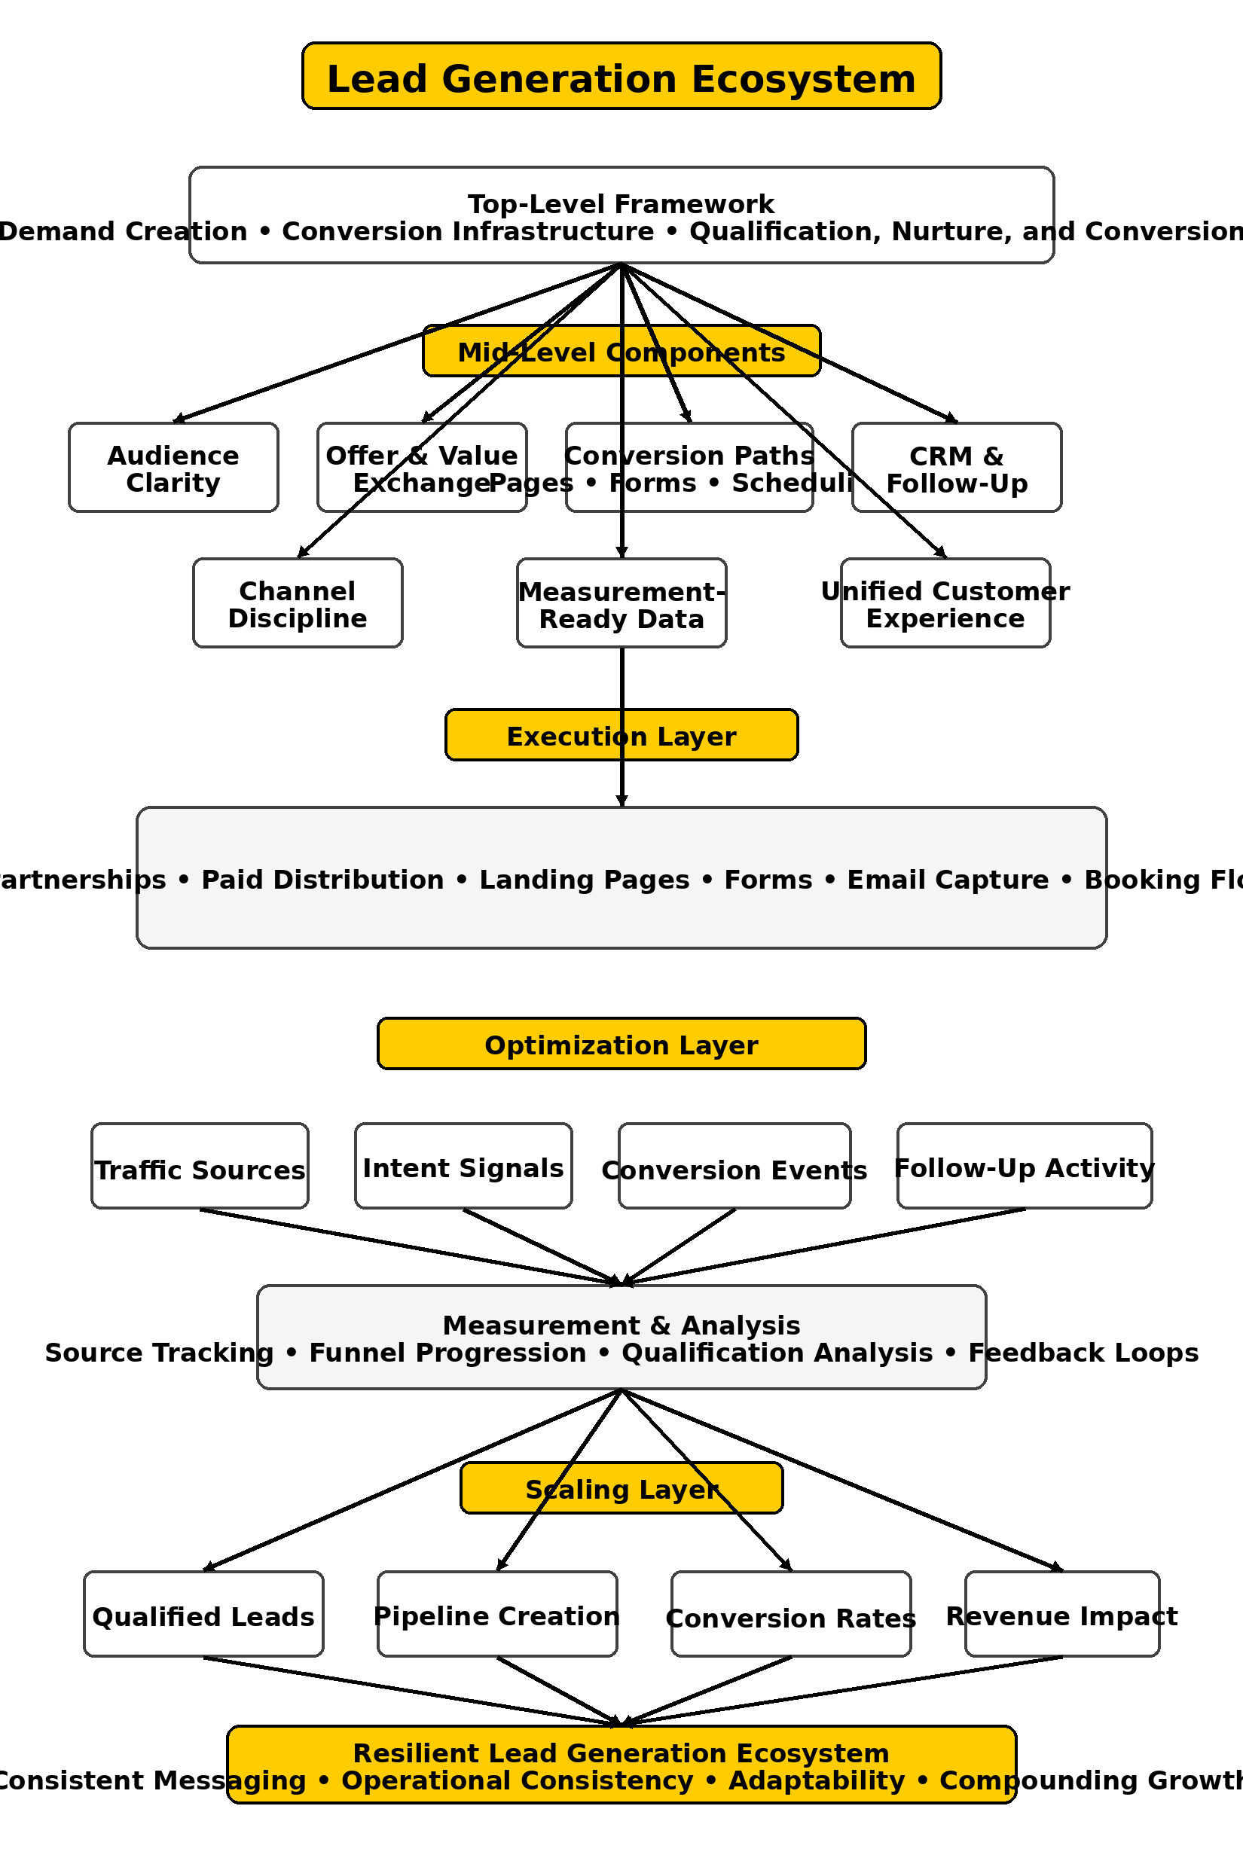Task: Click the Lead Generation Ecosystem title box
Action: [x=621, y=76]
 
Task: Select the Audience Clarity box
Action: [x=173, y=468]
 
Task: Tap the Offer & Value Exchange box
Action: [x=422, y=468]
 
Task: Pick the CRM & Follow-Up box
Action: [x=956, y=468]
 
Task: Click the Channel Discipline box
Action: [x=298, y=603]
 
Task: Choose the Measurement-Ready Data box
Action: [x=621, y=603]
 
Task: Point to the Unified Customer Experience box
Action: [x=945, y=603]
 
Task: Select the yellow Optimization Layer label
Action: [x=621, y=1044]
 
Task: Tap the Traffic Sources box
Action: [x=200, y=1167]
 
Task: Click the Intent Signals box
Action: [x=463, y=1167]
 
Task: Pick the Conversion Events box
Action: [x=734, y=1167]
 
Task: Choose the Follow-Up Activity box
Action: [x=1025, y=1167]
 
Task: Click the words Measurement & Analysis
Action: [x=621, y=1325]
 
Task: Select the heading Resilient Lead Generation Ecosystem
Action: [x=621, y=1753]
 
